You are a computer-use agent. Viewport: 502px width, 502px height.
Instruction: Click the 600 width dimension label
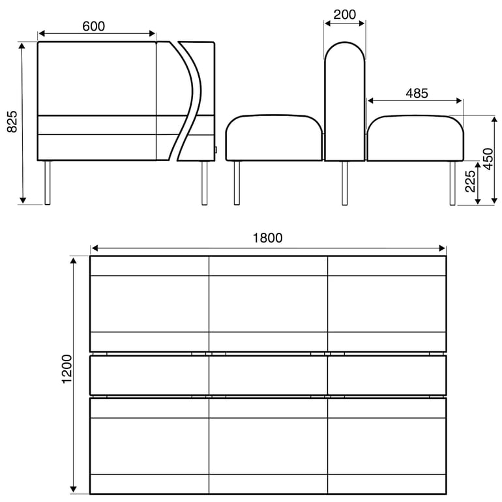pos(93,26)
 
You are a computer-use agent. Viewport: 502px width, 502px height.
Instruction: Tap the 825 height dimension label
pos(12,122)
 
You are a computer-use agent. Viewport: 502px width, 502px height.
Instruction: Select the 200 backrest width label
pos(344,14)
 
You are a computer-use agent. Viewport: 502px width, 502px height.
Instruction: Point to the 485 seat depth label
pos(417,93)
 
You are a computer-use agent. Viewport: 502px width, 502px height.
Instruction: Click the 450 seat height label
pos(488,159)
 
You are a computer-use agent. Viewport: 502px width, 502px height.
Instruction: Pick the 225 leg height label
pos(470,181)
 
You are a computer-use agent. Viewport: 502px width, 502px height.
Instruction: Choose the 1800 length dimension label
pos(268,238)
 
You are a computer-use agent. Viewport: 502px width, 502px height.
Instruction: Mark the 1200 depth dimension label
pos(67,369)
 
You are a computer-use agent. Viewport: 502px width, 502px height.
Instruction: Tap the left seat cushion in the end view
pos(274,138)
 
